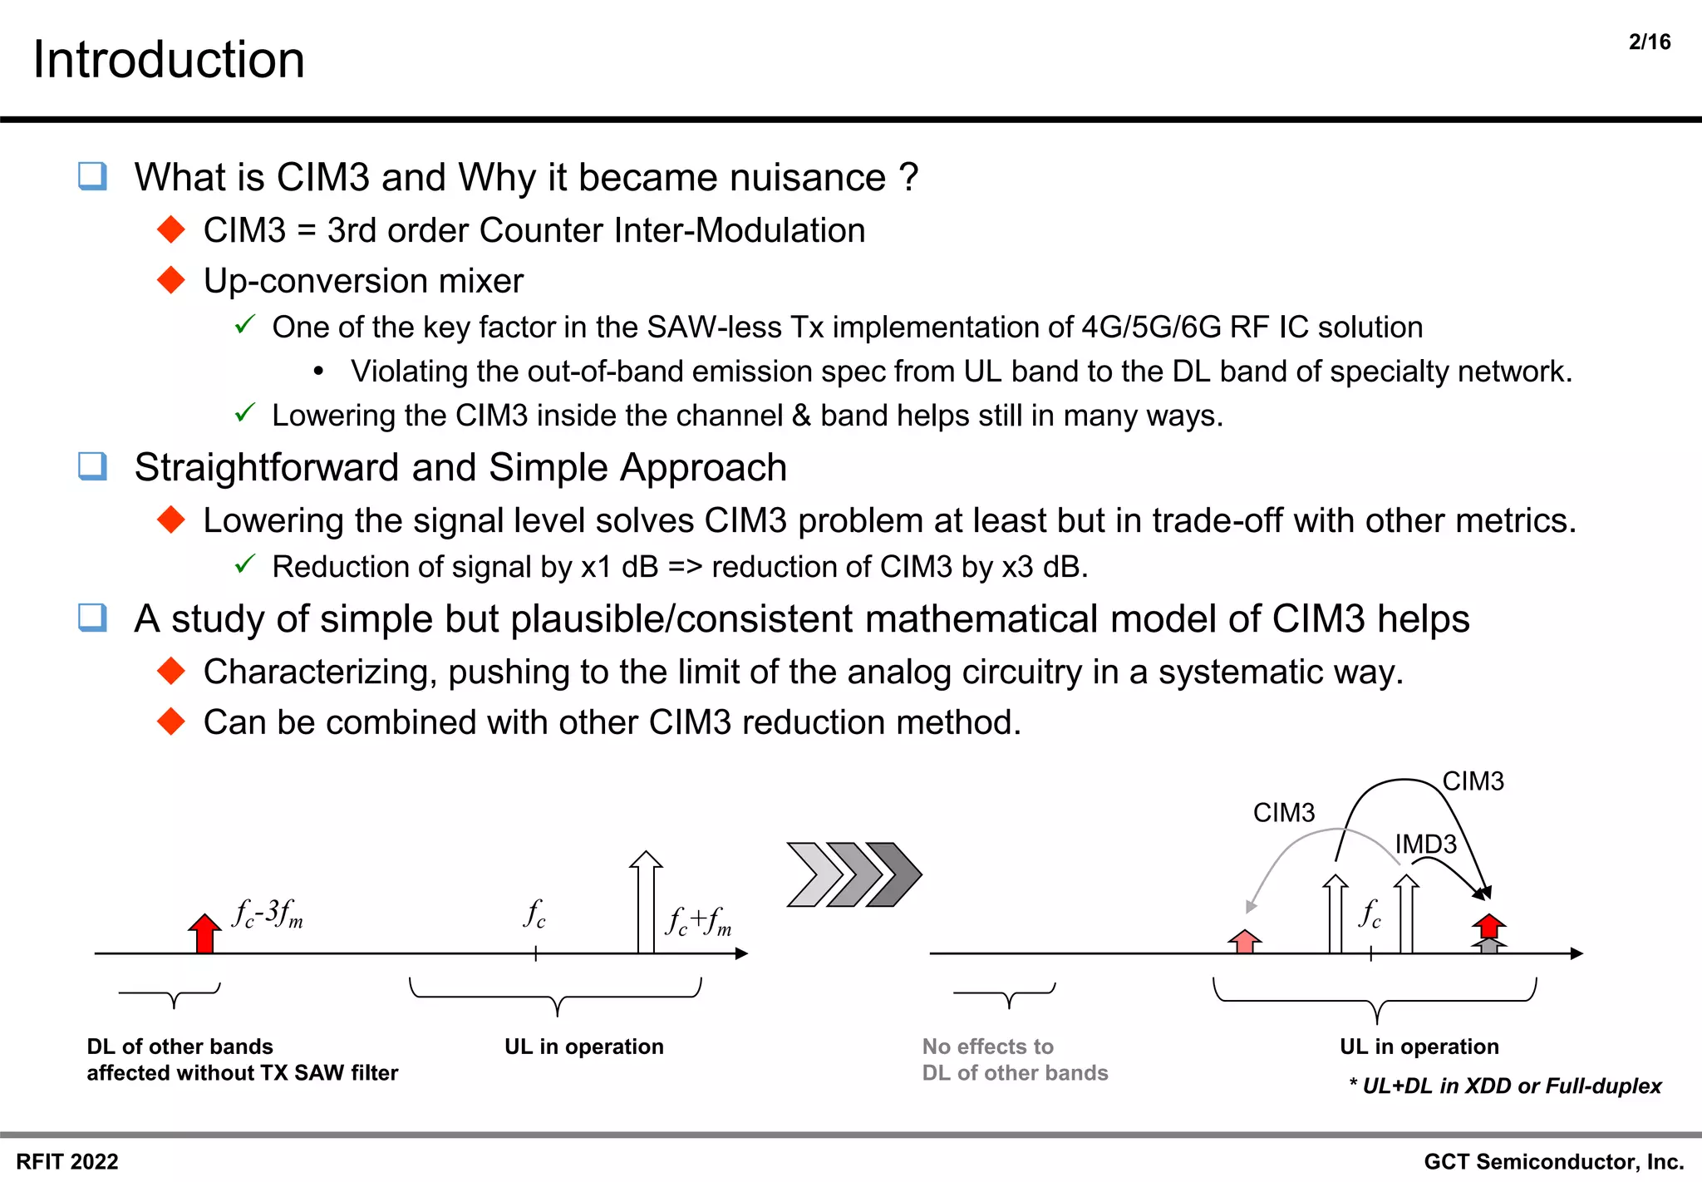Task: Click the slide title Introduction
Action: [169, 60]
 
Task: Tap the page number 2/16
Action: [1649, 42]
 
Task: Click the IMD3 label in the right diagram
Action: [1425, 844]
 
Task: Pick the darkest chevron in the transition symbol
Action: [895, 874]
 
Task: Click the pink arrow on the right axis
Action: [1244, 941]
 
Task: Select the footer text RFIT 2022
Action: [67, 1161]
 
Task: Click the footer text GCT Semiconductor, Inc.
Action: [1553, 1161]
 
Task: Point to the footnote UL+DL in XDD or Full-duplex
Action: [1505, 1086]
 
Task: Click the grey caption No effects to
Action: [987, 1047]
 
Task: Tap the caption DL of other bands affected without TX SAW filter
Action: [242, 1059]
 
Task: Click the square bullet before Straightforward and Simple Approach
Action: [92, 466]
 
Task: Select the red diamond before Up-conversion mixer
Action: [171, 280]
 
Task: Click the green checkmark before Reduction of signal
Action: [244, 565]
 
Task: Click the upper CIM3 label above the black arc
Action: [1473, 781]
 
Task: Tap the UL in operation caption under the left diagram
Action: [583, 1047]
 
